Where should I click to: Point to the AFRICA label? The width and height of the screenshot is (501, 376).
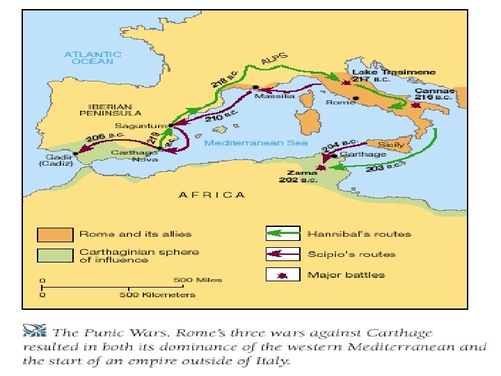212,195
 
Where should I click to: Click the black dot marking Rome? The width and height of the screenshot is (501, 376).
355,99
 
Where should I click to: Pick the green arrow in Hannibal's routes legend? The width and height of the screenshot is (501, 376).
284,233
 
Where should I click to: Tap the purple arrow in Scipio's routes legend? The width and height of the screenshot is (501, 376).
284,254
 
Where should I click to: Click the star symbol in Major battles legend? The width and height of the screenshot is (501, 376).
283,275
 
